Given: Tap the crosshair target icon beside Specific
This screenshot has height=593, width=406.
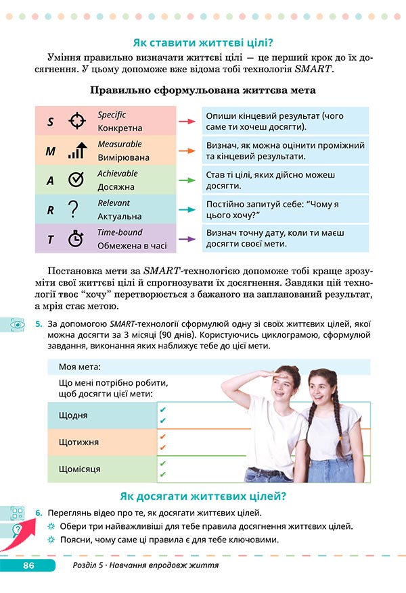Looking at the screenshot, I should (78, 122).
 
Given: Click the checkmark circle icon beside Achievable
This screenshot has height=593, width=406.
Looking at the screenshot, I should (76, 180).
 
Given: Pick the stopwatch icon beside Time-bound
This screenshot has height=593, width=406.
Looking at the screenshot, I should (76, 238).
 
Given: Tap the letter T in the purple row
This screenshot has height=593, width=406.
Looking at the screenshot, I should (50, 239).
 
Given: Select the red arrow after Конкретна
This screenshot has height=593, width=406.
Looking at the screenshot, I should (187, 122).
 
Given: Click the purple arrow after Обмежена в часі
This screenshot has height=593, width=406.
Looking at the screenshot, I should (187, 238).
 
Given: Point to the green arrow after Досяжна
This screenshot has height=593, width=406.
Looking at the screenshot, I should (187, 180).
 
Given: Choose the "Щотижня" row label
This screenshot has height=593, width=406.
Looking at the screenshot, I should (79, 442).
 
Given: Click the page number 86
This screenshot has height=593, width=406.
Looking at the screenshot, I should (28, 565).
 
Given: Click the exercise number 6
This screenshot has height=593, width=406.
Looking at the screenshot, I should (39, 513).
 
